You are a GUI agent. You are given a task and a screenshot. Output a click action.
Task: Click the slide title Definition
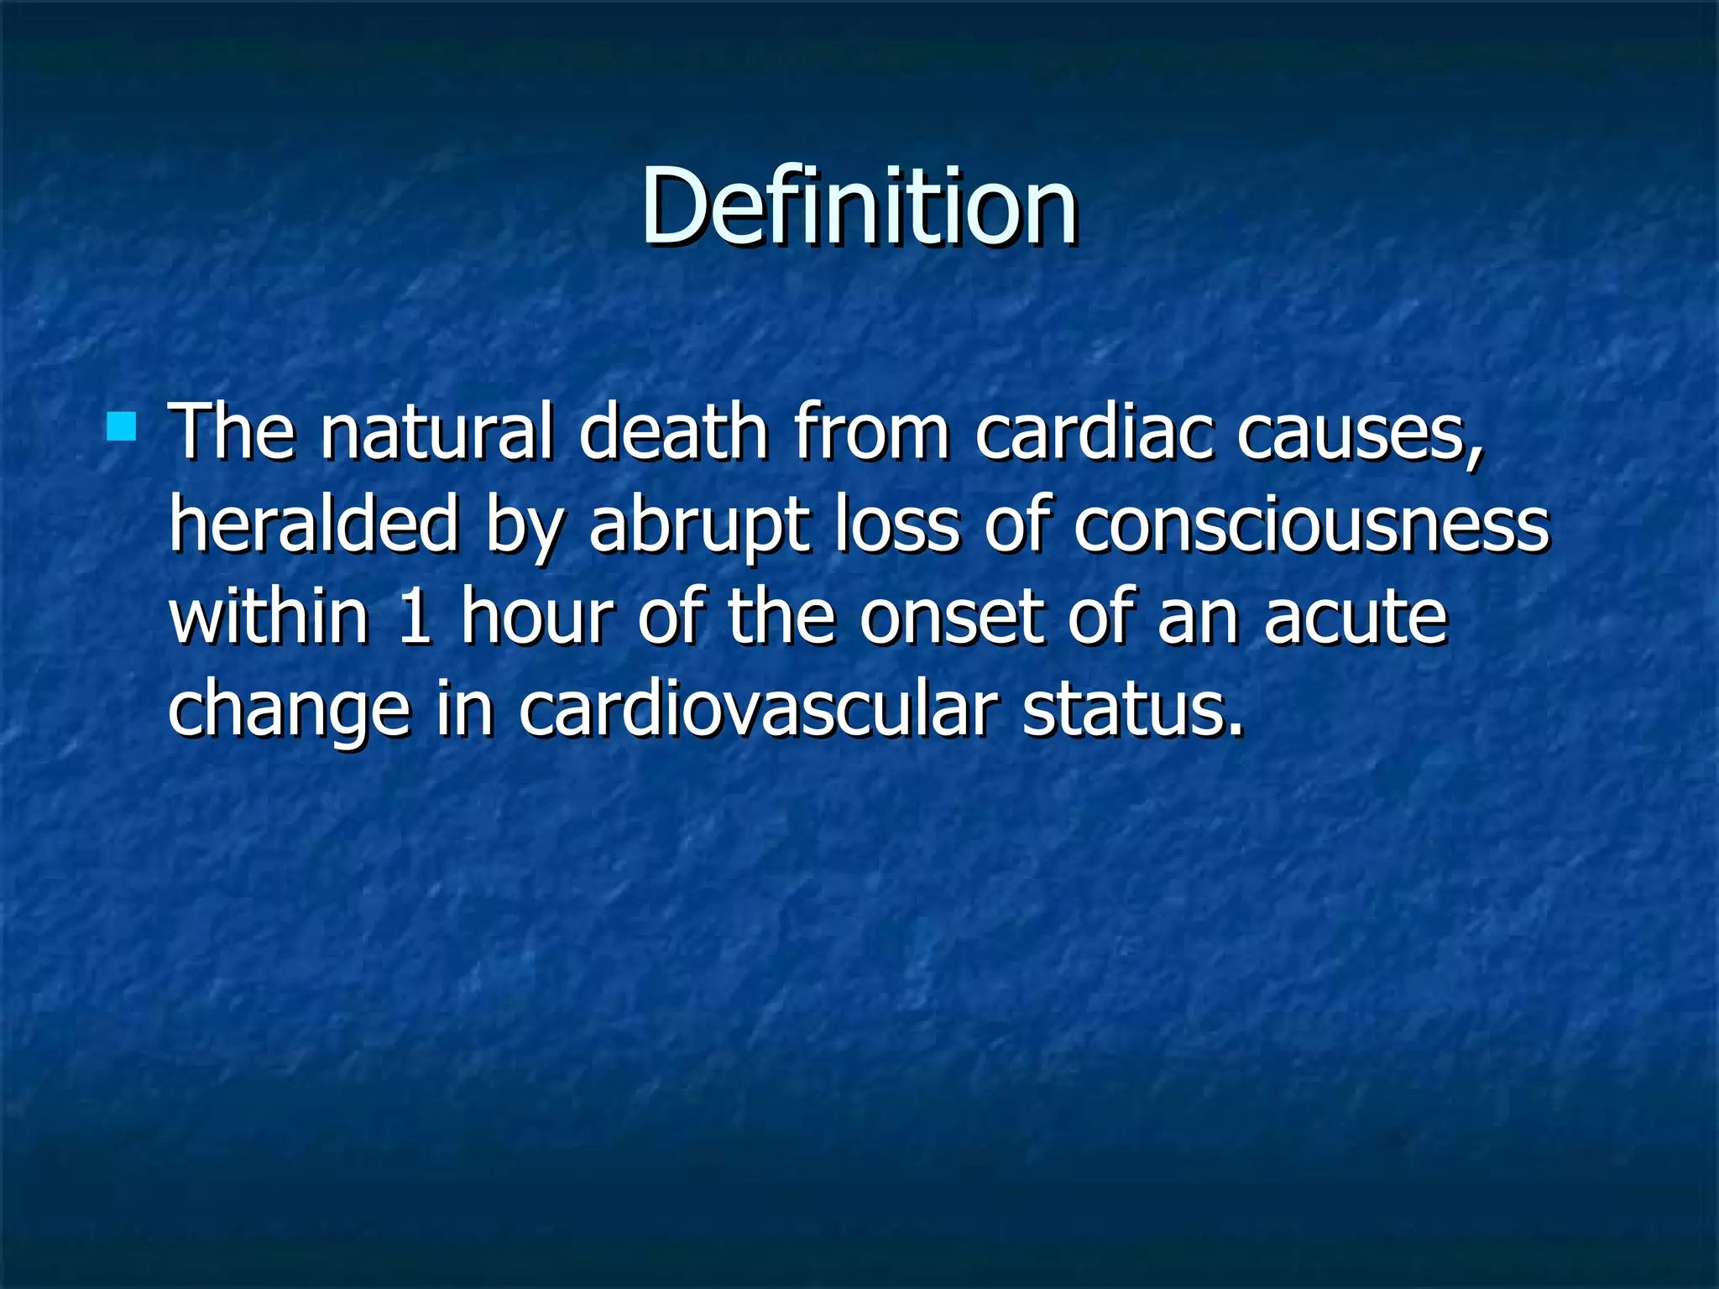[x=859, y=206]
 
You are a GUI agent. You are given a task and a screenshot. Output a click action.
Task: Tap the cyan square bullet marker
[x=122, y=426]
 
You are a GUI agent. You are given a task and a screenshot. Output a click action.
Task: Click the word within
[x=269, y=617]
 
